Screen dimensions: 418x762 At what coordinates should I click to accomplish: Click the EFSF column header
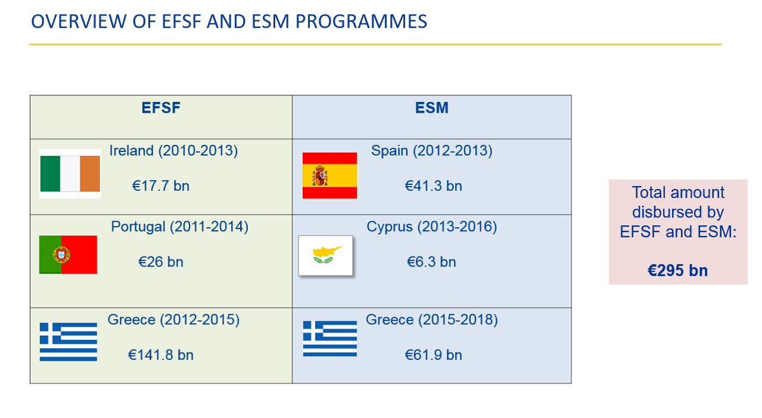click(161, 108)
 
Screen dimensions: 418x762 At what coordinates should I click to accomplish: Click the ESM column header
click(431, 108)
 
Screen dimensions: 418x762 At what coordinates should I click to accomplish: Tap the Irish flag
click(70, 174)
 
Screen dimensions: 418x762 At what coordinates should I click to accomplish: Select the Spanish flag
click(329, 175)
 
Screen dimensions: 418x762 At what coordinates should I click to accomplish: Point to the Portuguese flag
click(68, 255)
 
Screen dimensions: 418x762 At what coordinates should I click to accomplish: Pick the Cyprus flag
click(325, 256)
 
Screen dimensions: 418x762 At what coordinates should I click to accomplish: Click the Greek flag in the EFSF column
click(69, 342)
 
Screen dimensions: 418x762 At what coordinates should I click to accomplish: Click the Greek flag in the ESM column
click(330, 339)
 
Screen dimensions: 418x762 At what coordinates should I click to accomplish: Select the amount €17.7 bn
click(161, 186)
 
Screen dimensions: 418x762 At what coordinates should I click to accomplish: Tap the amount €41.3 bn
click(433, 186)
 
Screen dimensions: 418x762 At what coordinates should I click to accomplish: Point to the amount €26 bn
click(161, 262)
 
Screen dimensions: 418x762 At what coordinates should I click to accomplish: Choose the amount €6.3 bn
click(431, 262)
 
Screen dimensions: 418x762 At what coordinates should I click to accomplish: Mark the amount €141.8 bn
click(161, 355)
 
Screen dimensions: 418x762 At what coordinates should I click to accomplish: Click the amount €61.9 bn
click(433, 355)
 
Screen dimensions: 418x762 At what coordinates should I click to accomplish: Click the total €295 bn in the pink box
click(678, 271)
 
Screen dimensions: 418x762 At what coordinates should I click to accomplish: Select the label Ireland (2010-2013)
click(173, 151)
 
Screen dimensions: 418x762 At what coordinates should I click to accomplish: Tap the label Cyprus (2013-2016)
click(431, 227)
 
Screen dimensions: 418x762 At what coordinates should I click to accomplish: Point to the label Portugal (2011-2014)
click(179, 227)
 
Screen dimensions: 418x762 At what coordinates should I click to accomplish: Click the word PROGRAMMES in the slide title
click(361, 21)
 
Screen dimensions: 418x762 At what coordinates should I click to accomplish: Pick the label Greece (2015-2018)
click(431, 320)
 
